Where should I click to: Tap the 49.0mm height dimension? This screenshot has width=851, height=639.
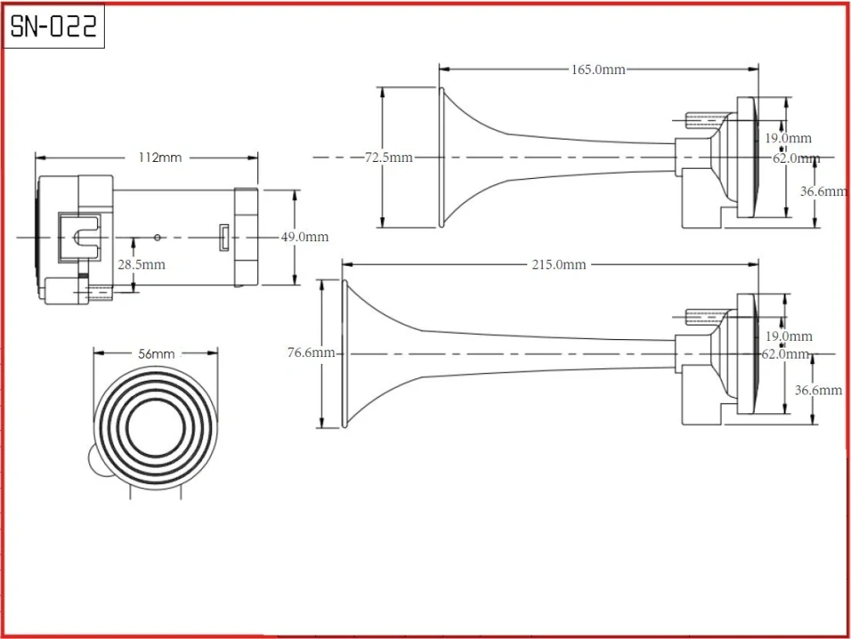pyautogui.click(x=305, y=237)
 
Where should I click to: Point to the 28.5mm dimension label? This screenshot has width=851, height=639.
pyautogui.click(x=141, y=265)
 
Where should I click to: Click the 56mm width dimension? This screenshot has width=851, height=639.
pyautogui.click(x=157, y=354)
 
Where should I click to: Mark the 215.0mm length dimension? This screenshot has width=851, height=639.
pyautogui.click(x=559, y=265)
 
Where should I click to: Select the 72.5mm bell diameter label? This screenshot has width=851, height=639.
pyautogui.click(x=388, y=158)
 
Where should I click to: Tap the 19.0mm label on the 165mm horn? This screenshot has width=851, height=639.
pyautogui.click(x=788, y=138)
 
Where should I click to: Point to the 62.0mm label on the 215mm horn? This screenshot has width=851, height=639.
pyautogui.click(x=785, y=354)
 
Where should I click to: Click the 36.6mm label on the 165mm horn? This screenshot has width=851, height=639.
pyautogui.click(x=824, y=193)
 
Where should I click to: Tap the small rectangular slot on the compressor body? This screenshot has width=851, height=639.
pyautogui.click(x=223, y=238)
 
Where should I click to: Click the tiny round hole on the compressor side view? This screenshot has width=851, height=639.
pyautogui.click(x=158, y=237)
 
